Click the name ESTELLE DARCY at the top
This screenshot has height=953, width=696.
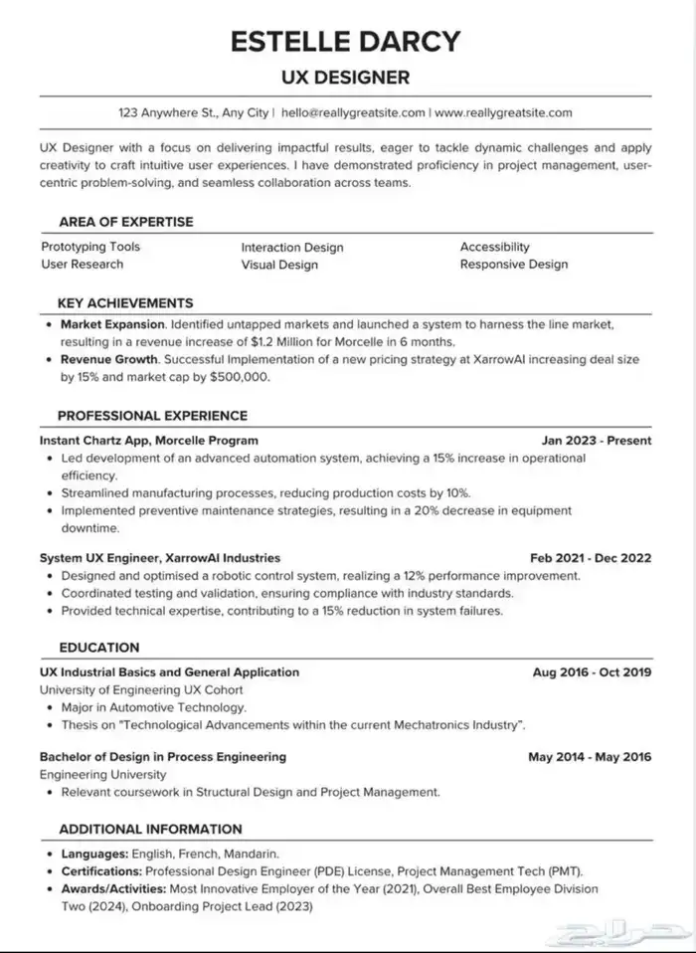point(347,41)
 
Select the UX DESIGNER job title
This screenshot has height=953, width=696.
point(347,76)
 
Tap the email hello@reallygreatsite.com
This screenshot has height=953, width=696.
point(353,112)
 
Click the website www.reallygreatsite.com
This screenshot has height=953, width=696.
point(504,112)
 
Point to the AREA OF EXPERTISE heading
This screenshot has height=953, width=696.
point(125,222)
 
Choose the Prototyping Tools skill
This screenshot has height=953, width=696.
point(90,247)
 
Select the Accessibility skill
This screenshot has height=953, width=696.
point(494,247)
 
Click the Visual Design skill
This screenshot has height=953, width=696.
point(279,265)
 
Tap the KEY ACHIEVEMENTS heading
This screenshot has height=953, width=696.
point(125,302)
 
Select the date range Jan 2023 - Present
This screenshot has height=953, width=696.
point(597,440)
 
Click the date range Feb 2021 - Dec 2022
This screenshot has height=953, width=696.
point(591,558)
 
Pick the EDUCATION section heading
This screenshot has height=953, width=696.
point(98,648)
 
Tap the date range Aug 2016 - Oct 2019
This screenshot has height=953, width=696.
point(592,672)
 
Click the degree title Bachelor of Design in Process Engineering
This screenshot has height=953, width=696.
point(163,757)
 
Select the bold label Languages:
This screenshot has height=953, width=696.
point(94,854)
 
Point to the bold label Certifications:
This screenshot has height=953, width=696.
point(103,871)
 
